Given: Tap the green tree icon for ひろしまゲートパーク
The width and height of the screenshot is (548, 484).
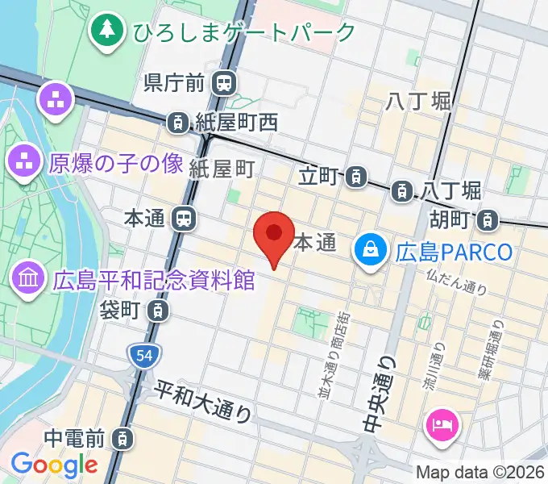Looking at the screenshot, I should point(106,31).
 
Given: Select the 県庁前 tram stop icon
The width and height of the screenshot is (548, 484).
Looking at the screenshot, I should point(224,82).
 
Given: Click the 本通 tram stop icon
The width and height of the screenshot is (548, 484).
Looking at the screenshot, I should point(185,218).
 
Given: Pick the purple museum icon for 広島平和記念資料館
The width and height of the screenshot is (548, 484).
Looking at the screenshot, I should point(28,280).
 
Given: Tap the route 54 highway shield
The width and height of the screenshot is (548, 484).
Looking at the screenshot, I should point(144,355).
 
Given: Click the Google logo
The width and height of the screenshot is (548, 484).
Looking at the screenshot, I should point(54,465).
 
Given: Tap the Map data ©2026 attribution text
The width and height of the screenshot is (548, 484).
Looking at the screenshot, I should point(481,473).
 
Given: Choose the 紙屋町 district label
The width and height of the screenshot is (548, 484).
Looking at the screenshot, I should point(222,168).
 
